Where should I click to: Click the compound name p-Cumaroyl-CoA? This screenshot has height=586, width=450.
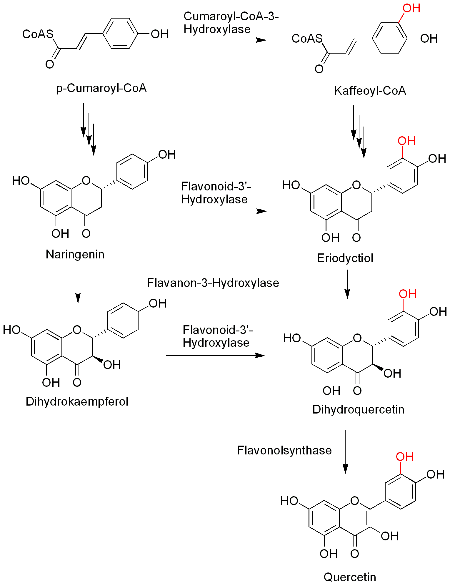pyautogui.click(x=101, y=88)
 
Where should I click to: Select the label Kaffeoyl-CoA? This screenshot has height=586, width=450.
pyautogui.click(x=370, y=91)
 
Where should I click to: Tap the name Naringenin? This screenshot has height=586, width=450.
pyautogui.click(x=75, y=254)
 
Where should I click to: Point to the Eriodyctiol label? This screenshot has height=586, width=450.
pyautogui.click(x=345, y=258)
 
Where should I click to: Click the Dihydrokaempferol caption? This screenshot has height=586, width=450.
pyautogui.click(x=77, y=401)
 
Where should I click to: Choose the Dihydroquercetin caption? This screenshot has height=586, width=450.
pyautogui.click(x=358, y=409)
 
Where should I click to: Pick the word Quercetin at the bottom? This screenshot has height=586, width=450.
pyautogui.click(x=350, y=577)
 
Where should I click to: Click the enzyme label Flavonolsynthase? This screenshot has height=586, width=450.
pyautogui.click(x=284, y=450)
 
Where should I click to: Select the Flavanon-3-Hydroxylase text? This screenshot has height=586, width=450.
pyautogui.click(x=213, y=283)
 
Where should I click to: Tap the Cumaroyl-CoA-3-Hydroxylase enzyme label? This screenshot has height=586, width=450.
pyautogui.click(x=231, y=23)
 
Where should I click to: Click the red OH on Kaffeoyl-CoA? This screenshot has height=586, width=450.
pyautogui.click(x=411, y=8)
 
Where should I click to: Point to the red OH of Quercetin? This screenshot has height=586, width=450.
pyautogui.click(x=405, y=457)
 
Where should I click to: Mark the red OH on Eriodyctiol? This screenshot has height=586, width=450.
pyautogui.click(x=406, y=141)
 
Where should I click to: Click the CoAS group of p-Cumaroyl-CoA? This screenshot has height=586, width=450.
pyautogui.click(x=38, y=34)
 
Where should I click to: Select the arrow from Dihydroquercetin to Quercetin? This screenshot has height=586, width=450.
pyautogui.click(x=345, y=452)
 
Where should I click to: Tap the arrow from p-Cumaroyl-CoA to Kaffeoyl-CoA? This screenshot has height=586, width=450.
pyautogui.click(x=224, y=40)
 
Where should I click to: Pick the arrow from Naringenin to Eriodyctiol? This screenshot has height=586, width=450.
pyautogui.click(x=217, y=211)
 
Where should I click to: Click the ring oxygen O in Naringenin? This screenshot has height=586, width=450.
pyautogui.click(x=86, y=180)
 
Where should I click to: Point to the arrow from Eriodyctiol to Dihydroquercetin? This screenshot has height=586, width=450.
pyautogui.click(x=347, y=284)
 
